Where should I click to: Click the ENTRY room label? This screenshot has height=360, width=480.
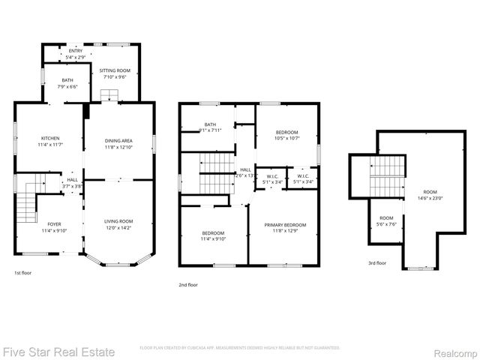(64, 51)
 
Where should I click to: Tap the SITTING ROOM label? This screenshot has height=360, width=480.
(115, 70)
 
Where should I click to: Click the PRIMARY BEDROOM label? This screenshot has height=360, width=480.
(284, 225)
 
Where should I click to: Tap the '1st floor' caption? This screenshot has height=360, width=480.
(23, 273)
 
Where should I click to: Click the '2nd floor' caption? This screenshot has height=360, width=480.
(188, 285)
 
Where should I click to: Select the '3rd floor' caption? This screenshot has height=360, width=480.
(376, 263)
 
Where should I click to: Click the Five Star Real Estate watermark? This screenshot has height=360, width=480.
(58, 351)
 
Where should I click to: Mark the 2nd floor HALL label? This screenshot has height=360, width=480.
(245, 170)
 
